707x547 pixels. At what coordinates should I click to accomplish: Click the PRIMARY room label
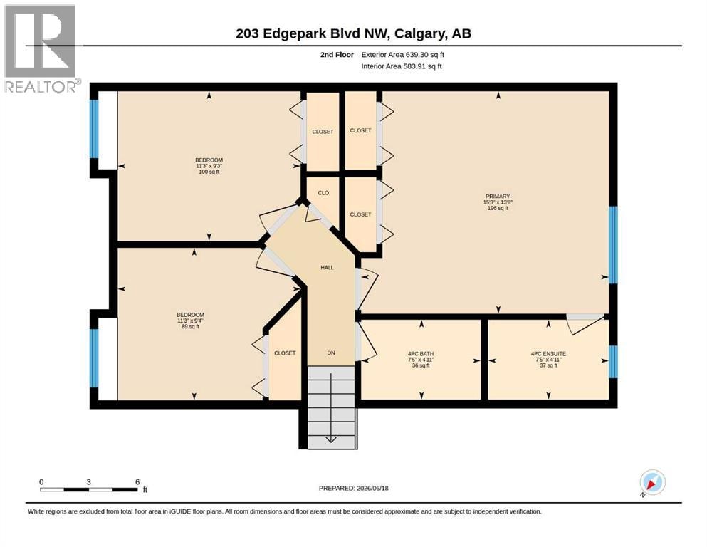(498, 196)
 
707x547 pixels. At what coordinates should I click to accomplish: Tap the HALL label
(327, 267)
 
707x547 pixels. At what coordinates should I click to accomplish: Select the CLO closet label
(323, 192)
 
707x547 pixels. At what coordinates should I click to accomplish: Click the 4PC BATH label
(421, 354)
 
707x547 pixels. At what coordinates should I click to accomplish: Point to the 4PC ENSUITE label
(548, 354)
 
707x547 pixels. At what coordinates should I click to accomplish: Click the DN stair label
(331, 353)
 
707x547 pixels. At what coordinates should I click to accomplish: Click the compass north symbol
(652, 483)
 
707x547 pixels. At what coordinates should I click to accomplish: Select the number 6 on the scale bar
(137, 481)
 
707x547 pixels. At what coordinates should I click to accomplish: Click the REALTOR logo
(41, 48)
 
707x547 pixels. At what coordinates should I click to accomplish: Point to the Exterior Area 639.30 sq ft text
(403, 55)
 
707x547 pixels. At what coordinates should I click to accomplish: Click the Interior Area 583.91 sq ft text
(402, 66)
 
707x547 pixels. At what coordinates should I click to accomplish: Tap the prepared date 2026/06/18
(372, 488)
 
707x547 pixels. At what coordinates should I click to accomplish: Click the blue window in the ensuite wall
(613, 362)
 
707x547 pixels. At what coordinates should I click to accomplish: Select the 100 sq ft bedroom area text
(209, 172)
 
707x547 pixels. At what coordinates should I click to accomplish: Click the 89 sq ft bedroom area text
(190, 326)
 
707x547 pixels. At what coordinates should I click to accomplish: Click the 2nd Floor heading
(337, 55)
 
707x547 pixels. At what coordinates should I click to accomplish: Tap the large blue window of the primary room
(613, 245)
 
